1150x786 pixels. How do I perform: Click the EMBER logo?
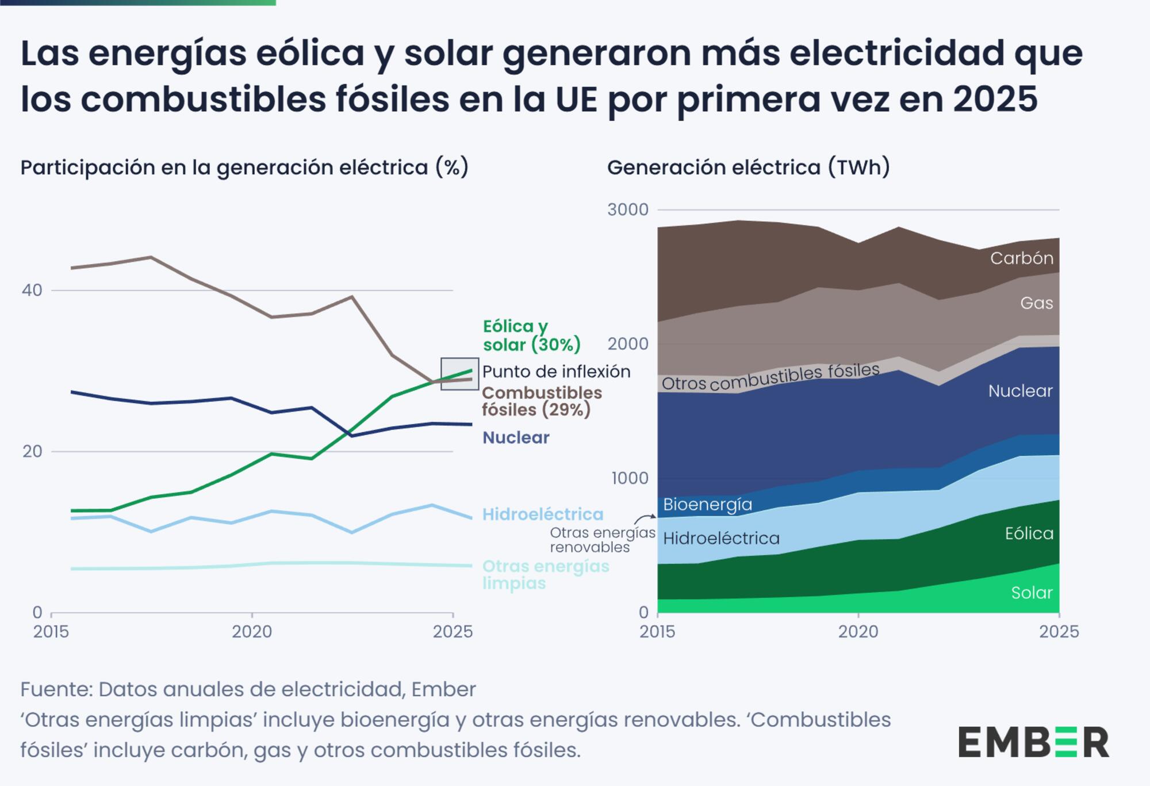tap(1033, 742)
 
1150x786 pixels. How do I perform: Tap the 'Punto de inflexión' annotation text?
tap(556, 372)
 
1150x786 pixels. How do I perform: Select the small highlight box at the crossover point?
tap(459, 374)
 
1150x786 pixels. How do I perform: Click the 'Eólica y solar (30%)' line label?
tap(531, 335)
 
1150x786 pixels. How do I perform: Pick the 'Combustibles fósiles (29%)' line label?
tap(541, 401)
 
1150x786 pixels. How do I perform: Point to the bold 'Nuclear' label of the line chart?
tap(516, 438)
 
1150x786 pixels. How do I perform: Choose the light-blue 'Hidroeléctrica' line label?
tap(542, 514)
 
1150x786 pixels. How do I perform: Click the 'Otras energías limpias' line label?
tap(545, 574)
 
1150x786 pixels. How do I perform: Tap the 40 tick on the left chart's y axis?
tap(32, 290)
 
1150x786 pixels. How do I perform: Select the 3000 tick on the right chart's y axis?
tap(627, 209)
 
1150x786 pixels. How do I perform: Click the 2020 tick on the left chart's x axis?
tap(252, 632)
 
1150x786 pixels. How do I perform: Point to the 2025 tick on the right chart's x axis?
tap(1059, 632)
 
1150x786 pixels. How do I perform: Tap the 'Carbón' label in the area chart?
tap(1021, 258)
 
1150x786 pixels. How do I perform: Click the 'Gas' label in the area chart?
tap(1036, 303)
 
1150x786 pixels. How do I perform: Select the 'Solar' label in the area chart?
tap(1032, 593)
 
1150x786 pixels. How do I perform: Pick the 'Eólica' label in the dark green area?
tap(1029, 533)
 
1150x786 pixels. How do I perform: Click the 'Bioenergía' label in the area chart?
tap(707, 505)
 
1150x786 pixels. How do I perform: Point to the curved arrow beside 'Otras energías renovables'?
tap(645, 519)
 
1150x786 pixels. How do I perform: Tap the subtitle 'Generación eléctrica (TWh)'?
tap(748, 167)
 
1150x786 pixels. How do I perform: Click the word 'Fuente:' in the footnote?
tap(56, 689)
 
